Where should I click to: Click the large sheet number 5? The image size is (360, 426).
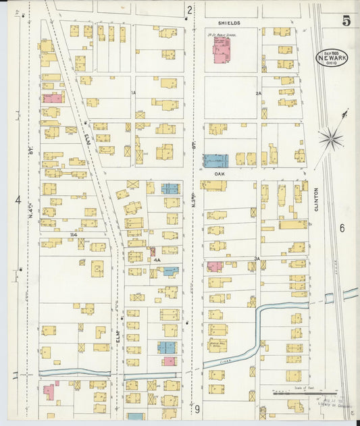(346, 20)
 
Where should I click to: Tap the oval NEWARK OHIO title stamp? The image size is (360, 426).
(332, 58)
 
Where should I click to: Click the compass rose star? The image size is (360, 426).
(331, 139)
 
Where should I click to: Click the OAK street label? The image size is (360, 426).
(220, 173)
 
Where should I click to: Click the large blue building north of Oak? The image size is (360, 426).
(216, 161)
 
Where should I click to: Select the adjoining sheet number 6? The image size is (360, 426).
(342, 228)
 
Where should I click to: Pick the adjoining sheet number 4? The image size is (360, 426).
(18, 200)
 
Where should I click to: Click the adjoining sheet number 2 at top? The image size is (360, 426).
(190, 9)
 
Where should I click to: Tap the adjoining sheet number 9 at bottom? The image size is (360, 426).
(197, 408)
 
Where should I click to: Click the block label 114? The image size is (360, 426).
(72, 234)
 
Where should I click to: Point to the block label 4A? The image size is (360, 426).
(156, 259)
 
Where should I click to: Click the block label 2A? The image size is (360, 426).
(257, 93)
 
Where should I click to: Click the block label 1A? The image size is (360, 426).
(134, 93)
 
